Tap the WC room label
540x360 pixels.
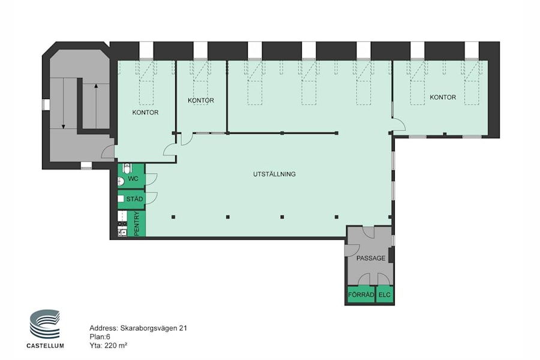pos(133,178)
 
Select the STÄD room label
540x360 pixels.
pos(134,198)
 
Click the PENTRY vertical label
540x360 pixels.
pos(137,223)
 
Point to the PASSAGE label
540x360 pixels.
pos(370,258)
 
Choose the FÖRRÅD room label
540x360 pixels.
pos(361,295)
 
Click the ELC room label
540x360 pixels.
pos(385,295)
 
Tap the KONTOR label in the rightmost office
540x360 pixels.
pos(443,97)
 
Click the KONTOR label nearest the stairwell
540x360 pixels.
pos(145,112)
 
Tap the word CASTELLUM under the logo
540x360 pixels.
pos(45,346)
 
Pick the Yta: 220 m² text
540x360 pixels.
pos(108,345)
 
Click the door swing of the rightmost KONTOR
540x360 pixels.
pos(398,124)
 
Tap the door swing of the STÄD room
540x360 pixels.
pos(151,197)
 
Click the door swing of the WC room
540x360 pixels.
pos(151,178)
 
